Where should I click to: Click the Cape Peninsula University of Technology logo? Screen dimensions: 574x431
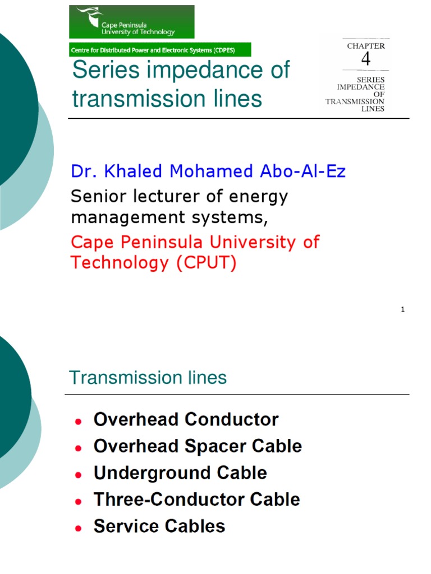coord(131,22)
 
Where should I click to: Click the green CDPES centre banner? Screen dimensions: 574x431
coord(159,50)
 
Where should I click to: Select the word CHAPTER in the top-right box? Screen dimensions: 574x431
coord(366,46)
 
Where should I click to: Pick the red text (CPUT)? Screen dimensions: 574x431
coord(206,262)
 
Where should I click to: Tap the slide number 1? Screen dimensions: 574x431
coord(403,309)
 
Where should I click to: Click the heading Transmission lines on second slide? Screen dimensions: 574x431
coord(148,378)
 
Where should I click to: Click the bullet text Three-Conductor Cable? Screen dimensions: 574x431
coord(196,499)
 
